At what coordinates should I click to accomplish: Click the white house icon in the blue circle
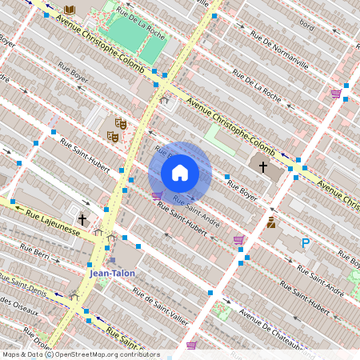[x=180, y=173]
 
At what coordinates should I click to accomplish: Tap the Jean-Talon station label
[x=112, y=273]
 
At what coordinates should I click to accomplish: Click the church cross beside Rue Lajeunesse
[x=82, y=219]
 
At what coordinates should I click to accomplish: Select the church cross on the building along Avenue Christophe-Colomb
[x=263, y=166]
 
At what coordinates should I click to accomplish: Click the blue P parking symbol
[x=305, y=243]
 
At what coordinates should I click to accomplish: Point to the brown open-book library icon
[x=70, y=10]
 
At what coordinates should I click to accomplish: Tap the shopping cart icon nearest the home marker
[x=157, y=194]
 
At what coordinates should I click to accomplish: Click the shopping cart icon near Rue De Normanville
[x=336, y=94]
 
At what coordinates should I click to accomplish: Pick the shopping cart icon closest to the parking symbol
[x=238, y=239]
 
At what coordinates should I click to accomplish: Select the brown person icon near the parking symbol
[x=271, y=222]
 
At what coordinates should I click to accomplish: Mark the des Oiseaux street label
[x=16, y=302]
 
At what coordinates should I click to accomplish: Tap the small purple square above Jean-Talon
[x=113, y=259]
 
